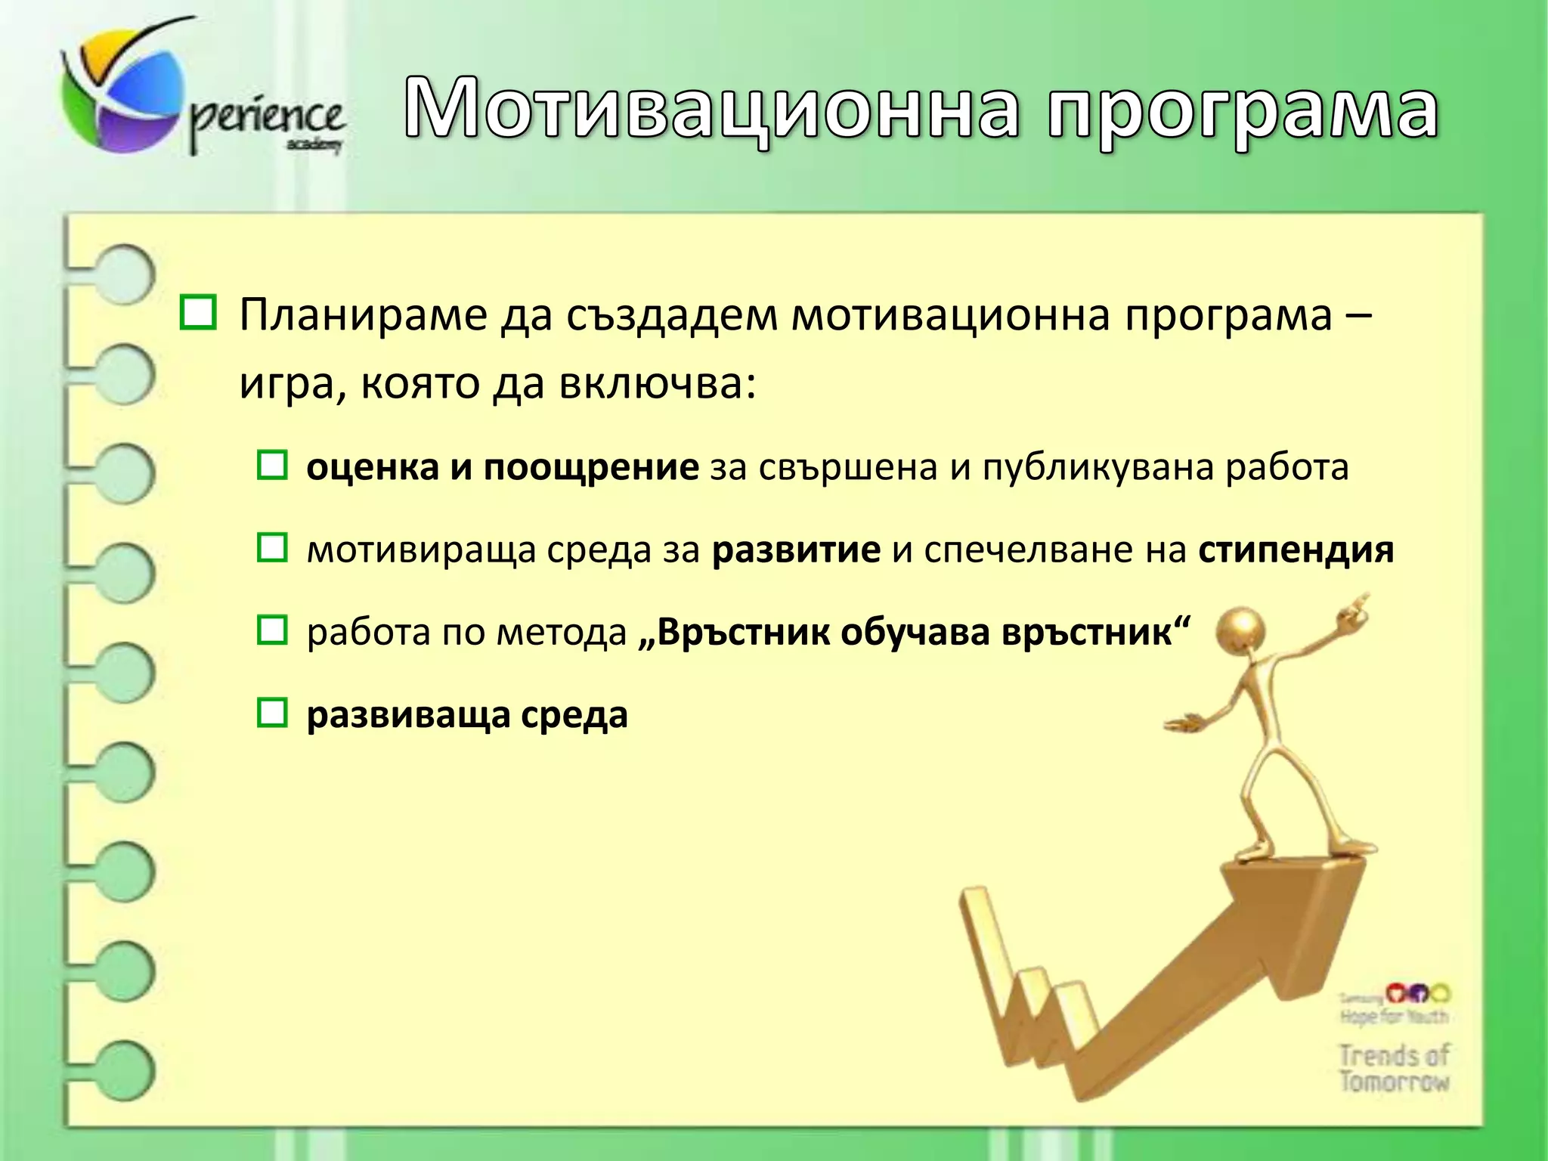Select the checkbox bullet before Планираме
pyautogui.click(x=198, y=314)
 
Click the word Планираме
pyautogui.click(x=363, y=316)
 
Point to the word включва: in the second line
pyautogui.click(x=658, y=384)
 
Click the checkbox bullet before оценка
pyautogui.click(x=272, y=466)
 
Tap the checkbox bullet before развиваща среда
pyautogui.click(x=272, y=713)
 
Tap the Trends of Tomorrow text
pyautogui.click(x=1395, y=1067)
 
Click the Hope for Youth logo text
pyautogui.click(x=1395, y=1017)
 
